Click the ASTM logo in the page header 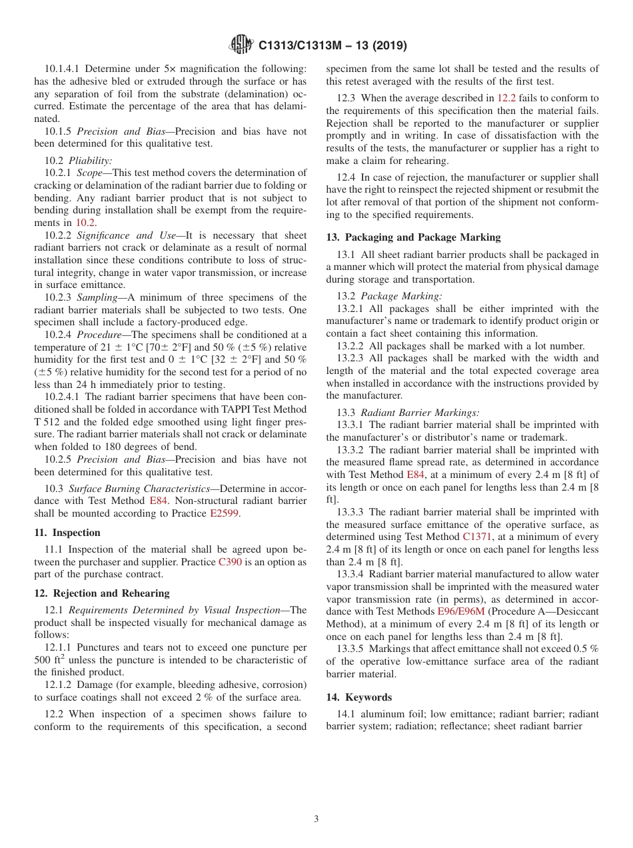point(241,45)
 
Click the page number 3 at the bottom point(316,819)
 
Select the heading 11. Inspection point(67,533)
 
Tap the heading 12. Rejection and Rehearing point(102,593)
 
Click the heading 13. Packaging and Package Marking point(413,237)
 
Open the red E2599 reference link point(224,513)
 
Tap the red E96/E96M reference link point(461,611)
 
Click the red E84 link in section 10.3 point(159,501)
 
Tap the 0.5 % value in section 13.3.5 point(586,649)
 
